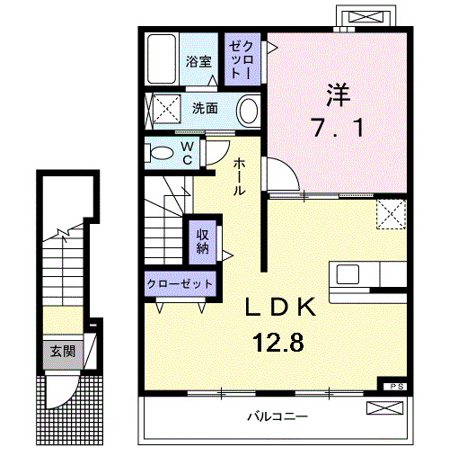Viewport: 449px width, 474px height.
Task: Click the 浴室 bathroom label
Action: click(198, 62)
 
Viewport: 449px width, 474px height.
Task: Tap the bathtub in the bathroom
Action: click(163, 59)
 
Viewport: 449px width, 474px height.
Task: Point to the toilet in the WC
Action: click(161, 151)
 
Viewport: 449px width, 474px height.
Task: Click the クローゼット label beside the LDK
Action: click(180, 284)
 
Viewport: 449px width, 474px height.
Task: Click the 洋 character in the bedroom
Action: click(336, 94)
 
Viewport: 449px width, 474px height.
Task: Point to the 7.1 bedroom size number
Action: click(336, 129)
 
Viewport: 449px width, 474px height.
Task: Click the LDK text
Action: click(281, 309)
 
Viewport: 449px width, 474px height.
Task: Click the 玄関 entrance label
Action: click(62, 352)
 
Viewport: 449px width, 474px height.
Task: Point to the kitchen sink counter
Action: click(369, 274)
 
